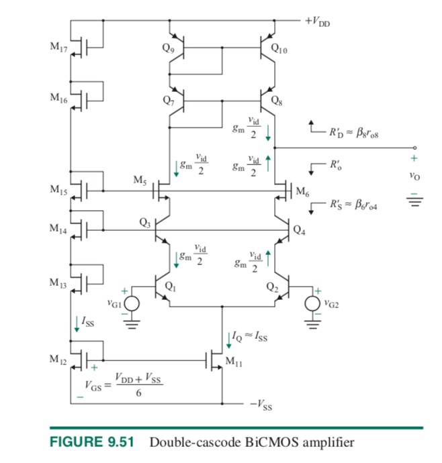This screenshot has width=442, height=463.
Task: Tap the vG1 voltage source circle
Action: (x=132, y=303)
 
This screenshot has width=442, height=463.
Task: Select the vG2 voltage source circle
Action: (x=312, y=303)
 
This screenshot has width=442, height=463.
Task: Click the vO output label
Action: (x=414, y=179)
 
